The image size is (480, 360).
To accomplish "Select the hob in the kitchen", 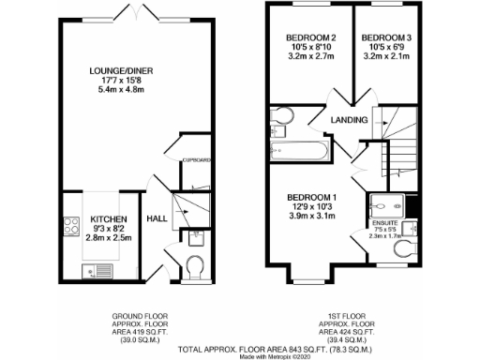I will tap(71, 226).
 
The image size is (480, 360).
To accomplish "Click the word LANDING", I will tap(348, 120).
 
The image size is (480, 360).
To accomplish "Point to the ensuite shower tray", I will tap(388, 205).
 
